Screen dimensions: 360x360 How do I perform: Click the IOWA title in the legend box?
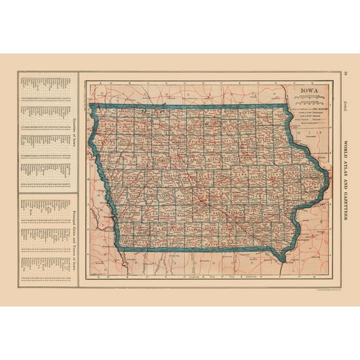[309, 90]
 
